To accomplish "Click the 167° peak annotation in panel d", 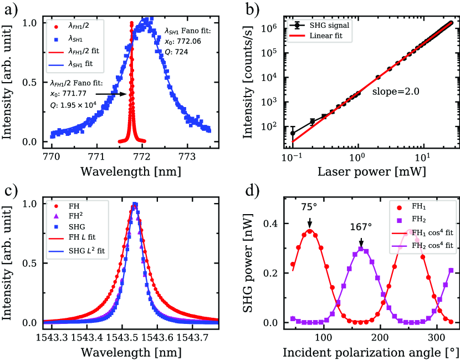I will click(x=361, y=227).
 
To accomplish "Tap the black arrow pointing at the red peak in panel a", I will click(x=120, y=94).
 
